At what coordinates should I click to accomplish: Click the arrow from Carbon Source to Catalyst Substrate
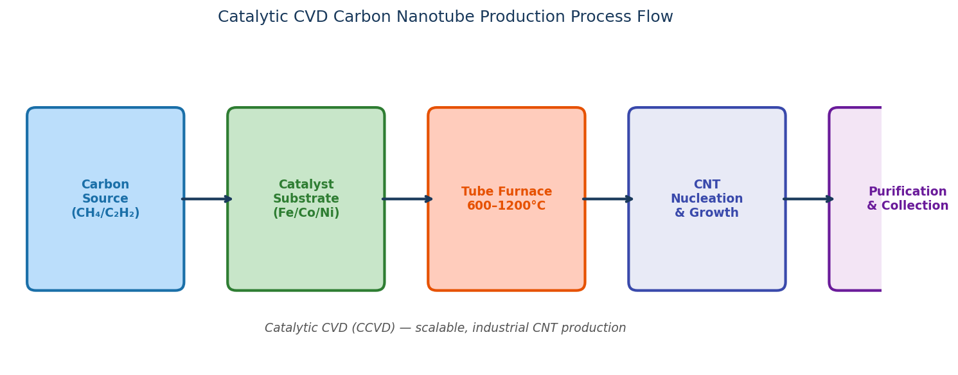coord(206,199)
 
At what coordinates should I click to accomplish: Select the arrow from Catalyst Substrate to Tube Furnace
coord(407,199)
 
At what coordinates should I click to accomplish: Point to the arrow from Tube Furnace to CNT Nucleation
coord(607,199)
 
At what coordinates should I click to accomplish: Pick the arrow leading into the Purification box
coord(808,199)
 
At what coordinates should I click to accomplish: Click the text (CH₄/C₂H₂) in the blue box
coord(105,214)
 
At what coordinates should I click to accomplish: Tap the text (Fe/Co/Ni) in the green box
coord(306,214)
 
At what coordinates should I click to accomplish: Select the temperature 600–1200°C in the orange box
coord(506,206)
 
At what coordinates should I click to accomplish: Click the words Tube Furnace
coord(506,192)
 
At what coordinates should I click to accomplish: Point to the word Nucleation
coord(707,199)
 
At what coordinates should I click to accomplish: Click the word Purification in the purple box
coord(907,192)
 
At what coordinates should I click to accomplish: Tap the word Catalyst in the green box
coord(306,185)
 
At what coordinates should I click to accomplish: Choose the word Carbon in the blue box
coord(105,185)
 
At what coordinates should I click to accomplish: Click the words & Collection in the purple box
coord(907,206)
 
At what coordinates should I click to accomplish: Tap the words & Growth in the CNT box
coord(707,214)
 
